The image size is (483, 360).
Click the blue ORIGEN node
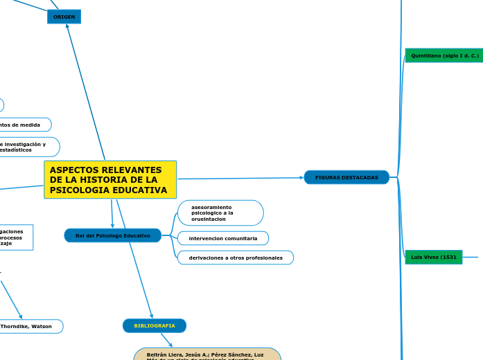point(64,17)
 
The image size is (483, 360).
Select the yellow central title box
point(110,180)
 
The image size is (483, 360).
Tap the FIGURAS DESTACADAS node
point(346,177)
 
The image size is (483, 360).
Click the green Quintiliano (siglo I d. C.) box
point(444,55)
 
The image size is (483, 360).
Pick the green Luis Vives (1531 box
point(433,257)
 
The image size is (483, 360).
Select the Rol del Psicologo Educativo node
point(113,235)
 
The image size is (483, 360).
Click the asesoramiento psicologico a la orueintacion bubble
point(220,213)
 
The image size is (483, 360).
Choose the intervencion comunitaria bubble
point(222,238)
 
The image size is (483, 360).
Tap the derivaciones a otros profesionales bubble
point(235,258)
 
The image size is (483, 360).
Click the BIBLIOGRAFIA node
point(155,325)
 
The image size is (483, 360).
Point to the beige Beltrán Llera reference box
point(207,354)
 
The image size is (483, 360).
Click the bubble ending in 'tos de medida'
point(25,125)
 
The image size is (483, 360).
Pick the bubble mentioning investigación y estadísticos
point(28,147)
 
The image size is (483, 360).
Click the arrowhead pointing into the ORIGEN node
point(67,26)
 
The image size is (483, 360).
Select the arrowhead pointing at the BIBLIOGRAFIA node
point(151,315)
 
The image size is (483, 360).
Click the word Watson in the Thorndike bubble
point(41,326)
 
